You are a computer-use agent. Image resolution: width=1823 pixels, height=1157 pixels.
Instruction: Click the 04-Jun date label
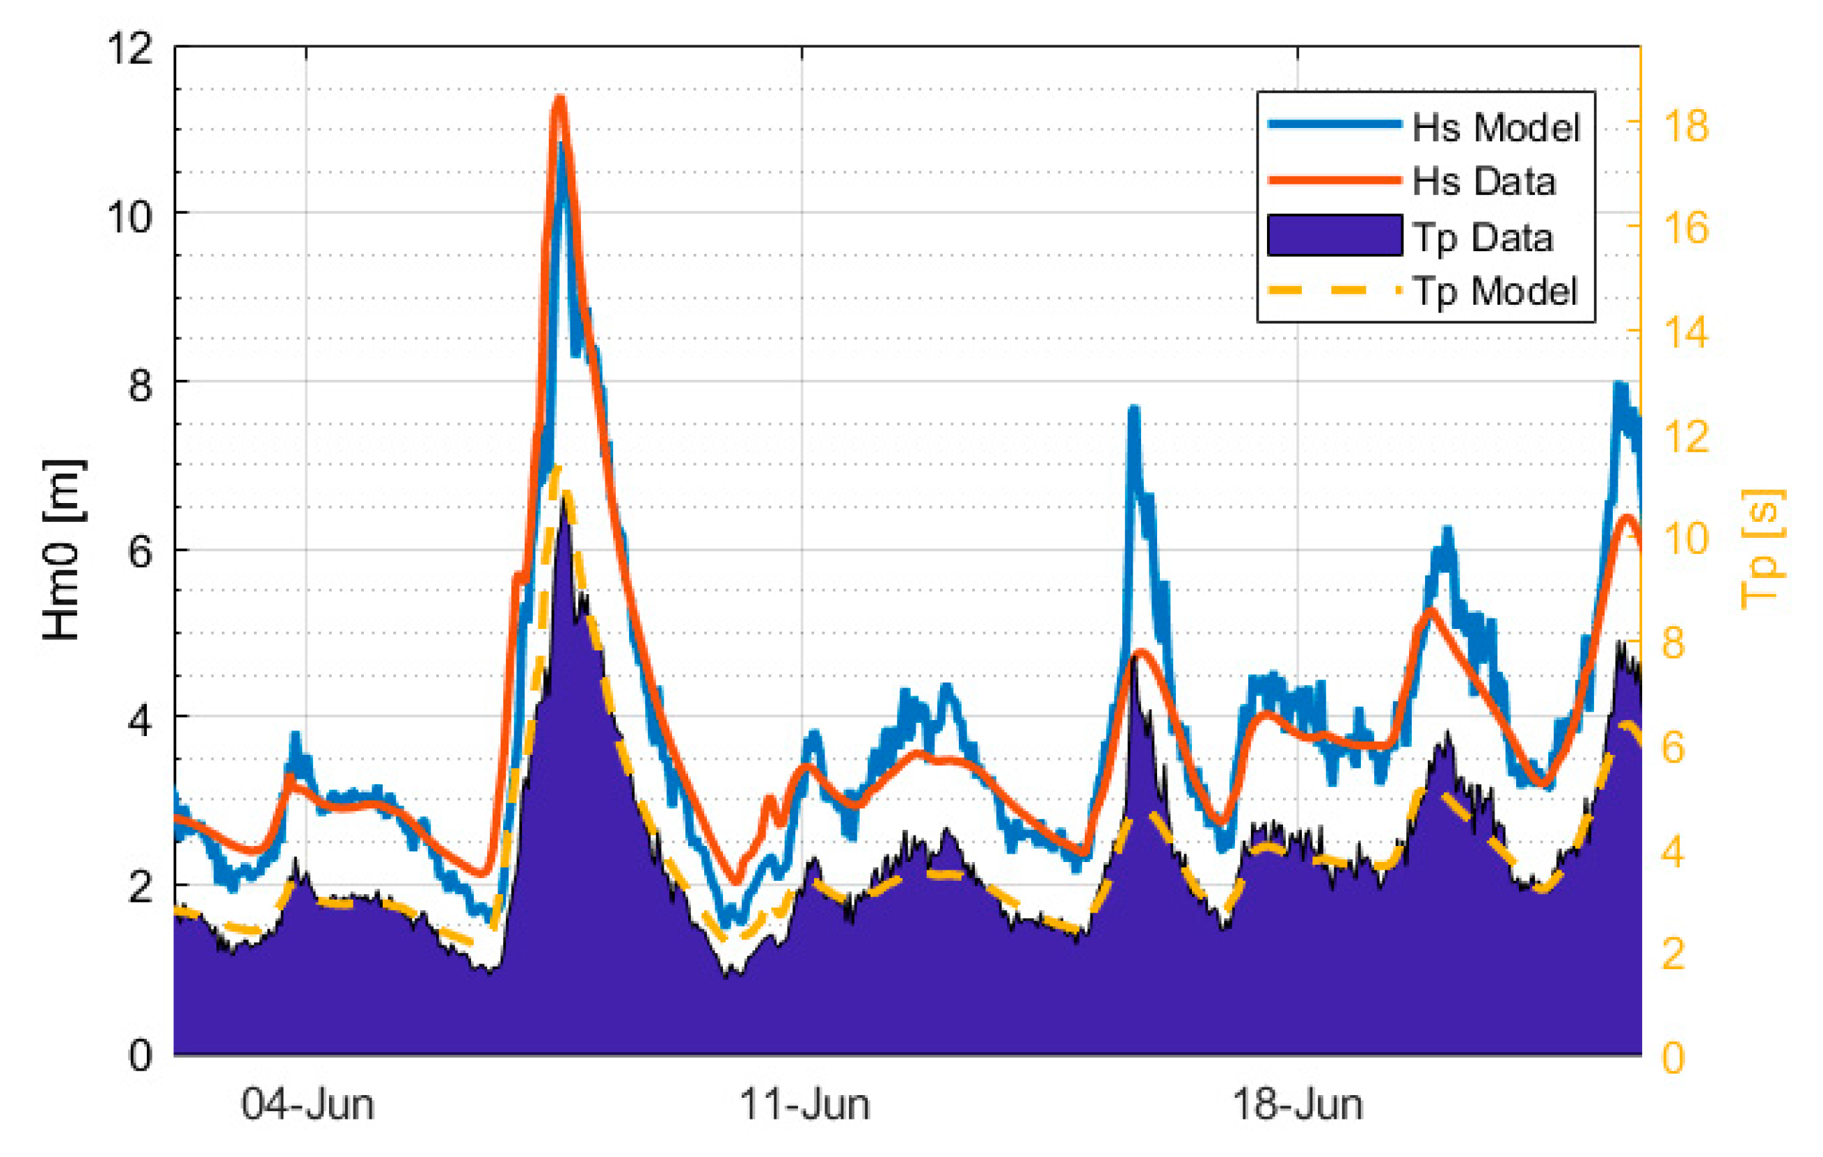pyautogui.click(x=308, y=1105)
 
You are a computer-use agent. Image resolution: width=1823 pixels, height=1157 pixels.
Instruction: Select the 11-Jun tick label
pyautogui.click(x=804, y=1105)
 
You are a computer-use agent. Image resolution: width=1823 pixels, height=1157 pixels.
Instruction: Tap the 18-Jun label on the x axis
pyautogui.click(x=1298, y=1105)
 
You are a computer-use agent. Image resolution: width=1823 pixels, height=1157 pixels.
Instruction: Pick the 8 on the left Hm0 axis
pyautogui.click(x=140, y=385)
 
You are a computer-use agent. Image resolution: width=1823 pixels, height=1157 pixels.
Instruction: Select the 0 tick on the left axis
pyautogui.click(x=140, y=1055)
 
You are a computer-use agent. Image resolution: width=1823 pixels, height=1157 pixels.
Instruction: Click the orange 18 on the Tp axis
pyautogui.click(x=1686, y=126)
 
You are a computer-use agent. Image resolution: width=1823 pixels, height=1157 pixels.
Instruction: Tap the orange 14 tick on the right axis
pyautogui.click(x=1686, y=333)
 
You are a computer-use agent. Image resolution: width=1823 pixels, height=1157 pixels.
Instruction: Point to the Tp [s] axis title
pyautogui.click(x=1762, y=550)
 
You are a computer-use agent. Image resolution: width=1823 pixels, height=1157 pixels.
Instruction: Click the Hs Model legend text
pyautogui.click(x=1496, y=127)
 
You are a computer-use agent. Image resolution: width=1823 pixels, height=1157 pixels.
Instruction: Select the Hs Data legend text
pyautogui.click(x=1484, y=182)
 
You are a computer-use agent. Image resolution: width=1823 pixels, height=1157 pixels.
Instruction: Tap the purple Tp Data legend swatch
pyautogui.click(x=1335, y=235)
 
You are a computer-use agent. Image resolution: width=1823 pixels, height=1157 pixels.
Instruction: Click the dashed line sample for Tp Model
pyautogui.click(x=1335, y=290)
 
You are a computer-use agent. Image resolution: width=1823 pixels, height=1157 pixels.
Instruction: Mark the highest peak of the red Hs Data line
pyautogui.click(x=559, y=98)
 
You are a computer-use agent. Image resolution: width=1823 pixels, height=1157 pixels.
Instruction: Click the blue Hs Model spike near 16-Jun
pyautogui.click(x=1133, y=410)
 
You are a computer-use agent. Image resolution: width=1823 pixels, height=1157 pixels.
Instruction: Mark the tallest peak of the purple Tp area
pyautogui.click(x=564, y=500)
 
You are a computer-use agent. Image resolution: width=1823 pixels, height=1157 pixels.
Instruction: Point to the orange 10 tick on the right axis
pyautogui.click(x=1686, y=539)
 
